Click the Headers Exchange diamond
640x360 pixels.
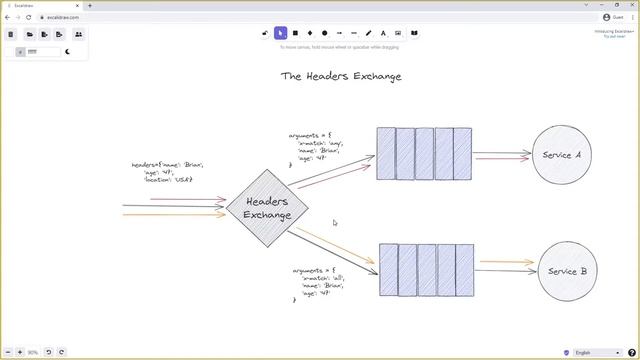pyautogui.click(x=267, y=208)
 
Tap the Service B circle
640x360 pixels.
pyautogui.click(x=567, y=271)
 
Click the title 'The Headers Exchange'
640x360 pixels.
pyautogui.click(x=341, y=76)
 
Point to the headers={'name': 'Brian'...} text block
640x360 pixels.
pyautogui.click(x=166, y=171)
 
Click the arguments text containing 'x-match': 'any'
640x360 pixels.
pyautogui.click(x=317, y=147)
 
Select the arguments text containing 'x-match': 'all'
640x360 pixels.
pyautogui.click(x=321, y=284)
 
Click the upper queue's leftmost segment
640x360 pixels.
pyautogui.click(x=386, y=154)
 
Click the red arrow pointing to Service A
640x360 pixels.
pyautogui.click(x=503, y=158)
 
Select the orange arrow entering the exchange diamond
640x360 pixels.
pyautogui.click(x=175, y=214)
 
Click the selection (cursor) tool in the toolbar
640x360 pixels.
pyautogui.click(x=281, y=33)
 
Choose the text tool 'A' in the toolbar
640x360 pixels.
pyautogui.click(x=383, y=33)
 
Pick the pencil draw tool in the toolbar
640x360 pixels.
pyautogui.click(x=369, y=33)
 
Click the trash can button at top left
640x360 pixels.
pyautogui.click(x=11, y=34)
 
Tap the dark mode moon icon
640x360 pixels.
pyautogui.click(x=68, y=51)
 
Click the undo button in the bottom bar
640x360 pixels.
pyautogui.click(x=49, y=352)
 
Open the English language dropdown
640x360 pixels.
pyautogui.click(x=596, y=352)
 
